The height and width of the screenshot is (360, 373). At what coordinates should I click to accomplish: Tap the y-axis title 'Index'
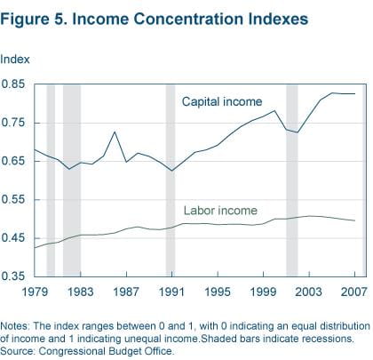coord(14,60)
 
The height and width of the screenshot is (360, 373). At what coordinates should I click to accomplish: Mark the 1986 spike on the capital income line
coord(115,132)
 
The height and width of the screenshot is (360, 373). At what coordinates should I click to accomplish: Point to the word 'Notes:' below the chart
coord(18,325)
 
